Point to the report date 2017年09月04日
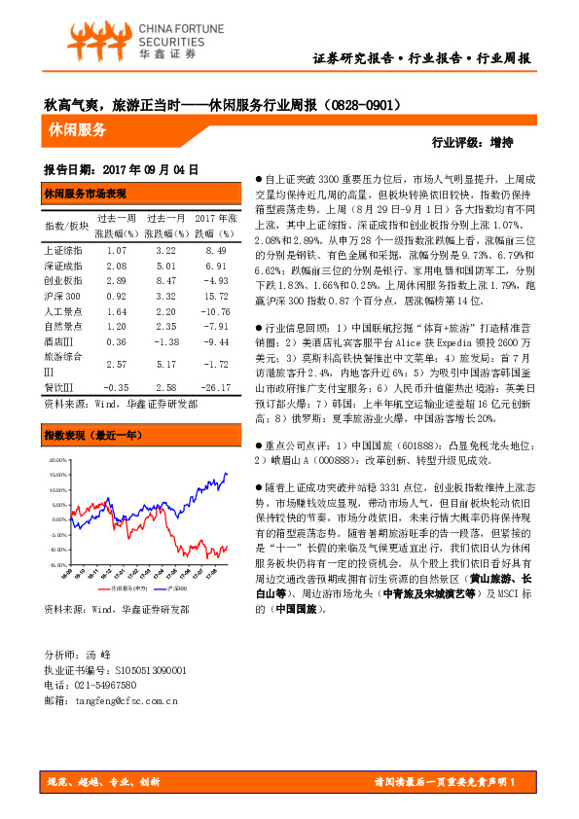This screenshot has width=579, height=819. point(122,167)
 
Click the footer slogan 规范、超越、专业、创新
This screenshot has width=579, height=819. point(104,781)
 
